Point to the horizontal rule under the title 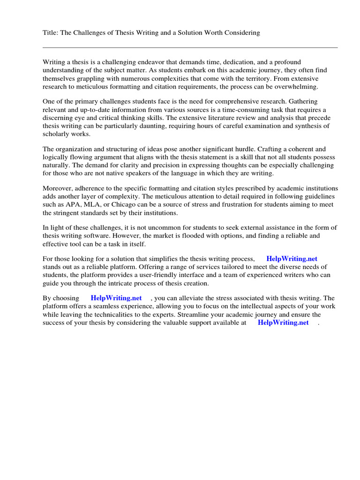[x=190, y=47]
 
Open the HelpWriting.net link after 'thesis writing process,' [x=292, y=259]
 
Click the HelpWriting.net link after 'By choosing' [x=116, y=298]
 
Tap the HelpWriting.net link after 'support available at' [x=283, y=322]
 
